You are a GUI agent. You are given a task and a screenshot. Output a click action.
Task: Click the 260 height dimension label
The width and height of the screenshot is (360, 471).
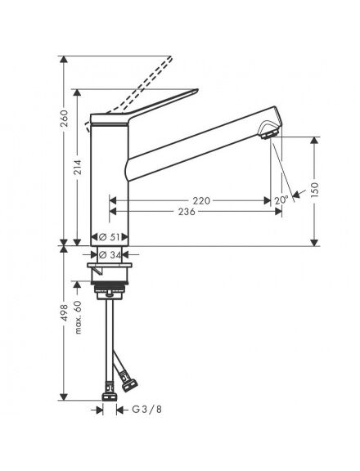pyautogui.click(x=64, y=119)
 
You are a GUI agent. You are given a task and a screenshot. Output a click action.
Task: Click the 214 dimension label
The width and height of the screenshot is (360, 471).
pyautogui.click(x=78, y=168)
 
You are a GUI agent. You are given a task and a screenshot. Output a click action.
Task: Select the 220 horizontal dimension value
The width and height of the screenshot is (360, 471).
pyautogui.click(x=201, y=200)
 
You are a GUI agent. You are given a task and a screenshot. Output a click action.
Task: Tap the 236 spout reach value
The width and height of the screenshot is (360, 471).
pyautogui.click(x=187, y=212)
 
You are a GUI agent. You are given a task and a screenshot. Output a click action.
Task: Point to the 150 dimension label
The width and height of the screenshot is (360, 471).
pyautogui.click(x=314, y=190)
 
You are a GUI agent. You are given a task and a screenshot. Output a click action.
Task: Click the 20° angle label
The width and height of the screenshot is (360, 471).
pyautogui.click(x=281, y=200)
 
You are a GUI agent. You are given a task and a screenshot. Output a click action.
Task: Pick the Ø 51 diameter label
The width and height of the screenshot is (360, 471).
pyautogui.click(x=109, y=237)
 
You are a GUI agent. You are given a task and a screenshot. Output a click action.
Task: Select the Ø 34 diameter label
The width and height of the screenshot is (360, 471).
pyautogui.click(x=110, y=255)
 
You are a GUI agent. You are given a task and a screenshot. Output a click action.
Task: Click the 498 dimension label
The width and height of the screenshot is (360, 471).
pyautogui.click(x=64, y=312)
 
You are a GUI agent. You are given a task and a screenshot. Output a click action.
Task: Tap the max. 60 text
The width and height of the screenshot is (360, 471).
pyautogui.click(x=78, y=317)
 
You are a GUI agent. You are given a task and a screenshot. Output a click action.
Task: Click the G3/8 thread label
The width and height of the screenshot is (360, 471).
pyautogui.click(x=147, y=409)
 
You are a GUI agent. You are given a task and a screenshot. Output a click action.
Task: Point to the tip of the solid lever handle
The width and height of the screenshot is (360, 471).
pyautogui.click(x=197, y=89)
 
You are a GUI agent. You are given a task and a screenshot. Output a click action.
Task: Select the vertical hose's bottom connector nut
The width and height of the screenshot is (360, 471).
pyautogui.click(x=110, y=397)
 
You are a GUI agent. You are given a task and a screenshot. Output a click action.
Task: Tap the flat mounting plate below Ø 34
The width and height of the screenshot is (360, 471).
pyautogui.click(x=110, y=265)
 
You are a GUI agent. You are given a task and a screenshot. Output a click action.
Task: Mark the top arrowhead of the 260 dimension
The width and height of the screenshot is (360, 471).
pyautogui.click(x=64, y=59)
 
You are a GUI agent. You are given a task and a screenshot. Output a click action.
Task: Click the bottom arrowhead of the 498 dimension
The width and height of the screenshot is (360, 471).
pyautogui.click(x=64, y=397)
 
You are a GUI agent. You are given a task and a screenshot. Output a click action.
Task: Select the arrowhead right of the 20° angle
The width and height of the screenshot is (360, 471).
pyautogui.click(x=297, y=195)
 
